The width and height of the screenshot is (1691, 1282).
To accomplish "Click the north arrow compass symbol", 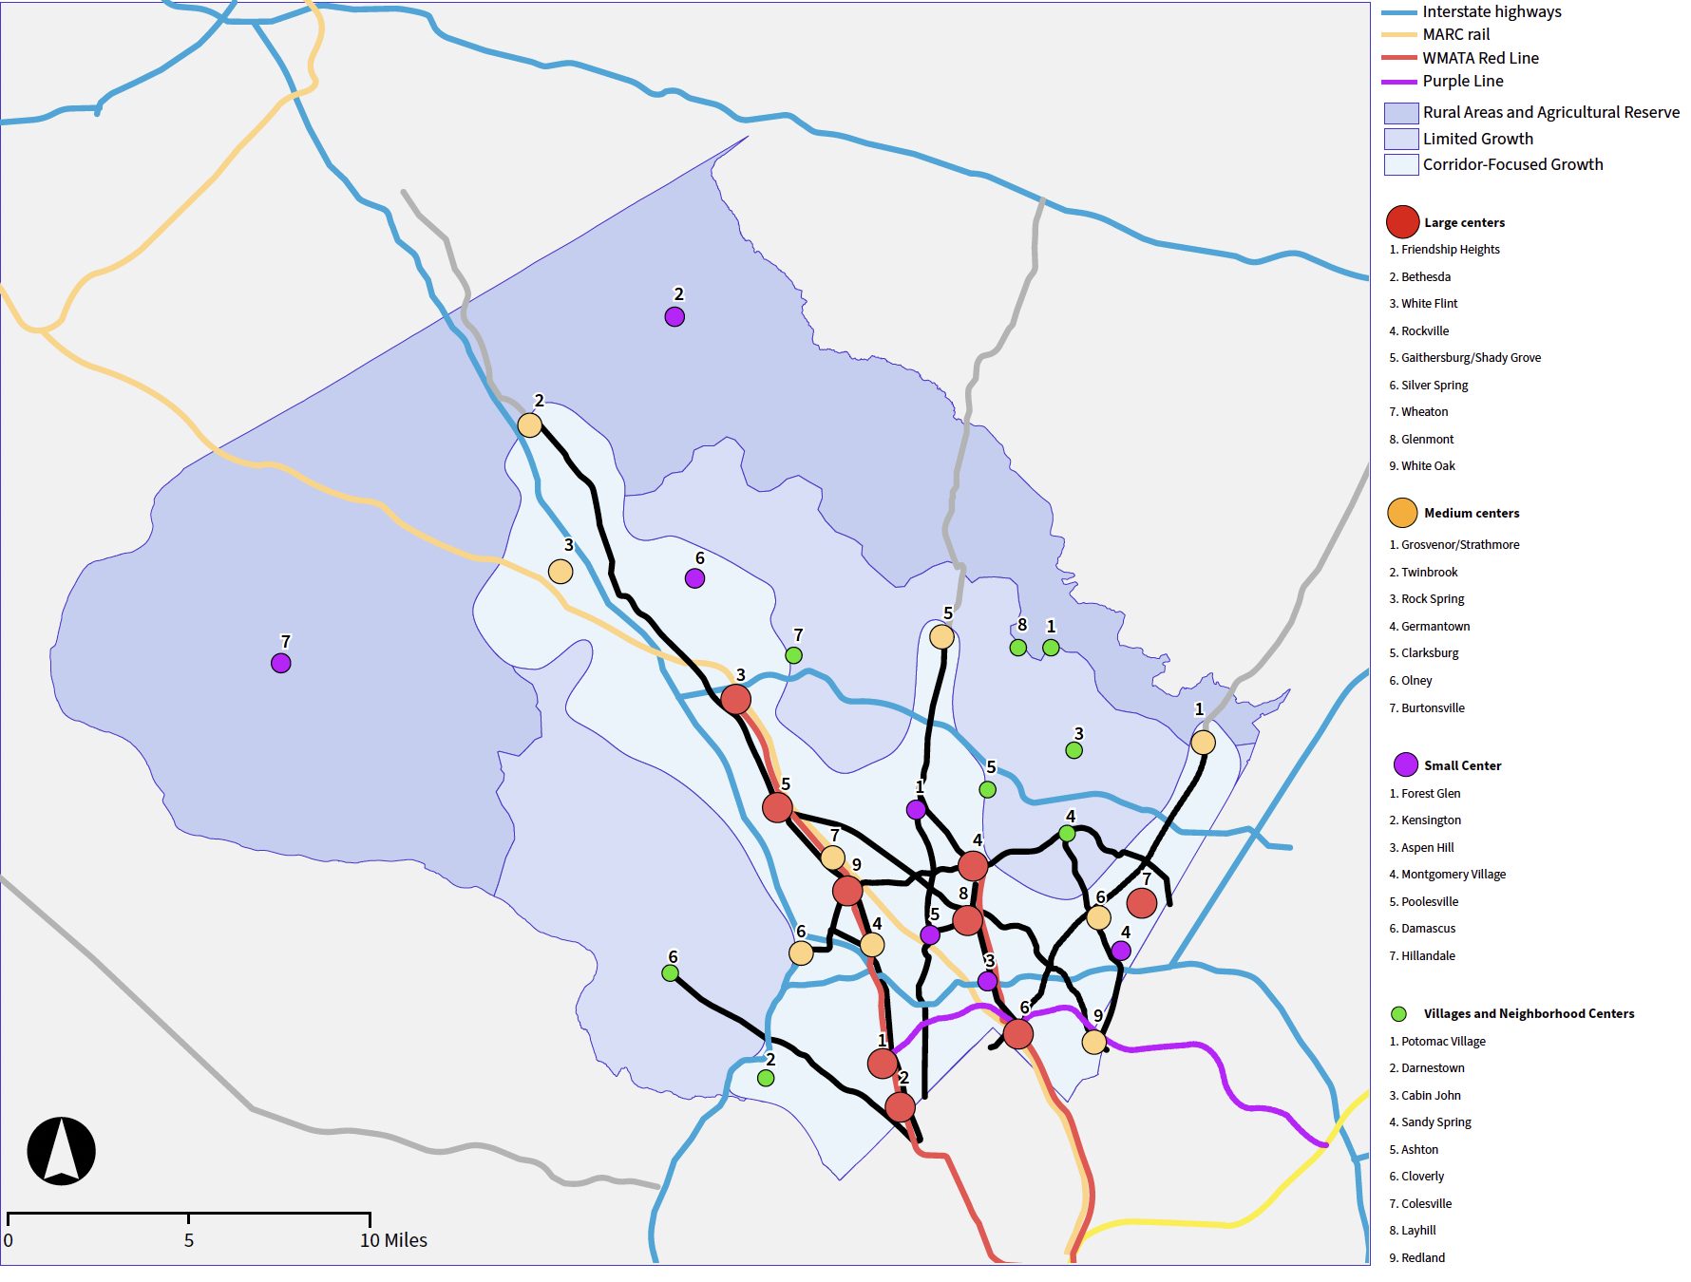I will click(62, 1150).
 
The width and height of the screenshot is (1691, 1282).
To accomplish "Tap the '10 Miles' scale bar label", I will click(393, 1240).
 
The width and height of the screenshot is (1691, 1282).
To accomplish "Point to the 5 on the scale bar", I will click(189, 1240).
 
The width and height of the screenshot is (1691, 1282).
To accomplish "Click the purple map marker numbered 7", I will click(280, 663).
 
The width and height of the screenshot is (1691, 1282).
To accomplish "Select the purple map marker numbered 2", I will click(674, 316).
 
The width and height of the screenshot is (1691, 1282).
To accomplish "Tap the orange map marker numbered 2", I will click(529, 424).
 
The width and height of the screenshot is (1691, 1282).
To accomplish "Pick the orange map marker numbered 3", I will click(560, 571).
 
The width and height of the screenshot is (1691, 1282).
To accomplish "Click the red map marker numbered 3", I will click(735, 699).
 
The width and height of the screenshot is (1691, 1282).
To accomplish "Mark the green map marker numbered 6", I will click(670, 972).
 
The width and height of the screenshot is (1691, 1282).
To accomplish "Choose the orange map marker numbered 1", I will click(1203, 742).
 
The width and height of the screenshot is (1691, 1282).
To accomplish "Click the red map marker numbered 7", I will click(1141, 902).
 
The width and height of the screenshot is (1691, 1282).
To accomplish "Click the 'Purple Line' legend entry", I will click(1462, 82).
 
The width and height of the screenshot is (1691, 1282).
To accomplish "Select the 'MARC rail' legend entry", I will click(1455, 34).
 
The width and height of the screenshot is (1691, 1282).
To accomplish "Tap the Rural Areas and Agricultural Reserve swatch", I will click(1400, 113).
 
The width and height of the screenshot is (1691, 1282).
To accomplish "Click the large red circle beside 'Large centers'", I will click(1402, 222).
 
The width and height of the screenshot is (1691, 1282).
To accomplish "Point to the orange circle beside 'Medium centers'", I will click(1402, 513).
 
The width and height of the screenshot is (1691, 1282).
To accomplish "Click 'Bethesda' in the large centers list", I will click(1425, 277).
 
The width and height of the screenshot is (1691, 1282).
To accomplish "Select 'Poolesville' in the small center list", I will click(1429, 902).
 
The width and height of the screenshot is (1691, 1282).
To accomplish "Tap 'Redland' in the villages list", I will click(1422, 1258).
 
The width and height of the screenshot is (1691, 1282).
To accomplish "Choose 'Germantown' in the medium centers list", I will click(1434, 627).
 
